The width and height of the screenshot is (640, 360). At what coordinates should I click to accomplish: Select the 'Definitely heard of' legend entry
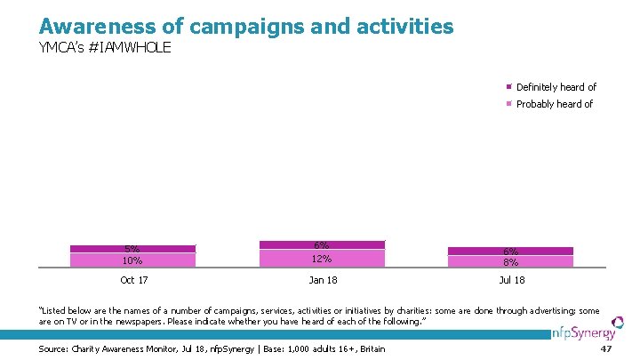tap(556, 87)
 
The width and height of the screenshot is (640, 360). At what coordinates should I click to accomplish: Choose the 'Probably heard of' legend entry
tap(554, 104)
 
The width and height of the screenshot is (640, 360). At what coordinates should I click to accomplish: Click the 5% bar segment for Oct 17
tap(132, 249)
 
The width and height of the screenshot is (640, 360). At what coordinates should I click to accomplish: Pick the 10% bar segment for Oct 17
tap(132, 260)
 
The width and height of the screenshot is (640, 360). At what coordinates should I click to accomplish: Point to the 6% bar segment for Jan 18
tap(322, 244)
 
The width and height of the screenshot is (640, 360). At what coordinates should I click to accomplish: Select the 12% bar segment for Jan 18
tap(322, 258)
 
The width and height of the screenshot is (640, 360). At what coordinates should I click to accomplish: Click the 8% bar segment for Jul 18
tap(511, 261)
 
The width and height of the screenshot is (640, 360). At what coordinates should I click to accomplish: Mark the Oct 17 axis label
tap(133, 281)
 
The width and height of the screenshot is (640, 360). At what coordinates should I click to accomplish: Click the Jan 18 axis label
tap(322, 281)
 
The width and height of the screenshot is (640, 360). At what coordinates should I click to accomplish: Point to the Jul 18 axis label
tap(511, 281)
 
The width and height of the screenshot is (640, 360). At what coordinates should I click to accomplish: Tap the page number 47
tap(607, 349)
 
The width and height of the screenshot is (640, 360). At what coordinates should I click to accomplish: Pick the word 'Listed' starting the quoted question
tap(56, 310)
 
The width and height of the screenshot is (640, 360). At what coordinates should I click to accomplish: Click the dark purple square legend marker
tap(509, 87)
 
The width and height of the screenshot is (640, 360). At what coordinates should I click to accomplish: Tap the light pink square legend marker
tap(509, 104)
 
